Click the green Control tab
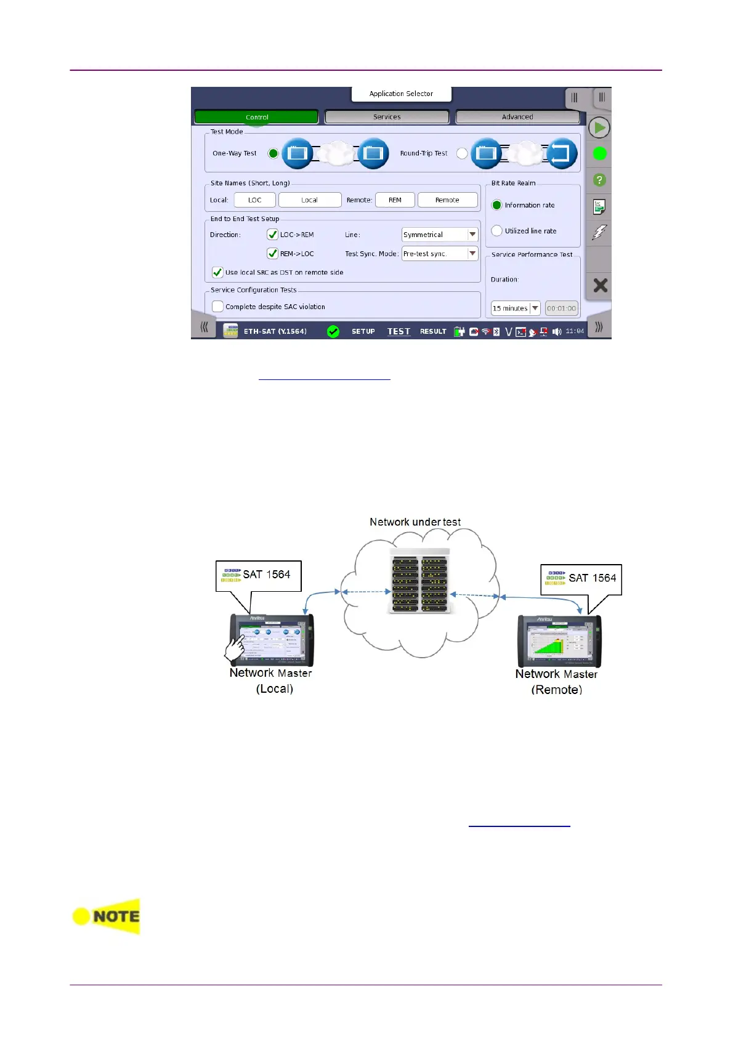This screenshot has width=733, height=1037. pos(256,117)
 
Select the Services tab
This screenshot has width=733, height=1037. pos(387,117)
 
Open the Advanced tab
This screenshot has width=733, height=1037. pos(517,117)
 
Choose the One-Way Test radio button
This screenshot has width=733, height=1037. pos(273,153)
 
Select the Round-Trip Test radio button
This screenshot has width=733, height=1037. pos(462,153)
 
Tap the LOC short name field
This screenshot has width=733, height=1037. pos(254,200)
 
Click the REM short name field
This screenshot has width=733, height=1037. pos(395,200)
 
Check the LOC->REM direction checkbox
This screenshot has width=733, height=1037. pos(272,235)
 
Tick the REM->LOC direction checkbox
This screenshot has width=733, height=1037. pos(272,253)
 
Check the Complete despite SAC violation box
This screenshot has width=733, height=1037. pos(217,306)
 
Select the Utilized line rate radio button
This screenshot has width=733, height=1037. pos(497,231)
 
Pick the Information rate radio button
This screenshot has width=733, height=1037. pos(497,205)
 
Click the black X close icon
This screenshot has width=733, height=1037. pos(600,285)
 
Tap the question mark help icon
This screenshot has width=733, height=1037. pos(599,180)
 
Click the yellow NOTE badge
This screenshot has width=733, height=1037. pos(107,916)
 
